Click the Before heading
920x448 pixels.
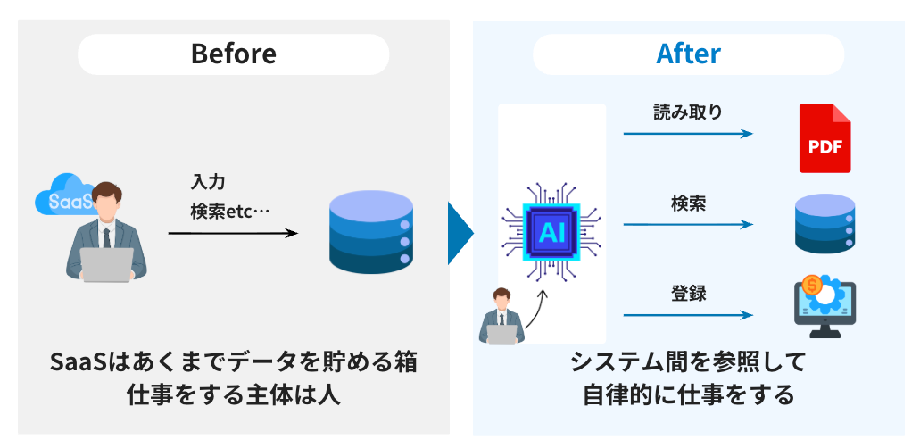(x=233, y=54)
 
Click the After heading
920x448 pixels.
(x=688, y=54)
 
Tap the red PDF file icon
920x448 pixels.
(x=825, y=138)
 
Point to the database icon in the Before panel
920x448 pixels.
(x=370, y=230)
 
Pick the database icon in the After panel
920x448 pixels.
(x=825, y=224)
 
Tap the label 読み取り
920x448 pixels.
(x=687, y=113)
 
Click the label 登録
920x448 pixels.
(x=688, y=293)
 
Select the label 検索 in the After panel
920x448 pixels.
(x=688, y=203)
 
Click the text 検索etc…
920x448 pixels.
(x=229, y=212)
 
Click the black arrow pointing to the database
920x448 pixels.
(x=233, y=234)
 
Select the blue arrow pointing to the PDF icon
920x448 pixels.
(x=688, y=134)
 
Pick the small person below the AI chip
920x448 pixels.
(x=501, y=318)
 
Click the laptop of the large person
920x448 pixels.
(x=107, y=264)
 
